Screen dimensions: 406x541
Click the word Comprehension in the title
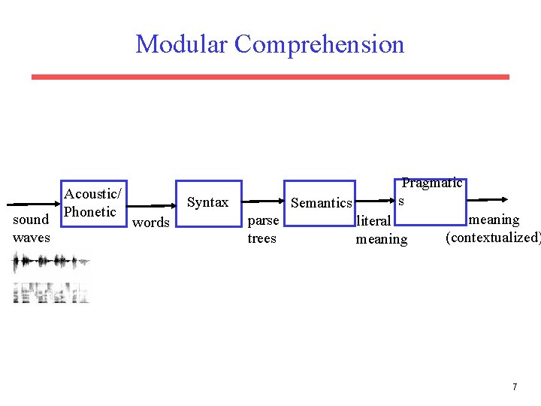pyautogui.click(x=319, y=44)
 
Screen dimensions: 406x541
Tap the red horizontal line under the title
pyautogui.click(x=270, y=77)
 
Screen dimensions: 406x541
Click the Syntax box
pyautogui.click(x=208, y=203)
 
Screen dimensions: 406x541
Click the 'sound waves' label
pyautogui.click(x=32, y=229)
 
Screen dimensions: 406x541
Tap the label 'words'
pyautogui.click(x=151, y=222)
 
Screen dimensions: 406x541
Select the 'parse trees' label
pyautogui.click(x=263, y=229)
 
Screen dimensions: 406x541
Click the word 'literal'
pyautogui.click(x=374, y=221)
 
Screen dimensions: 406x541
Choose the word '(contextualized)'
pyautogui.click(x=492, y=238)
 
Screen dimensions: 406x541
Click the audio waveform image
pyautogui.click(x=51, y=263)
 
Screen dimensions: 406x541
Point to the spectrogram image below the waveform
pyautogui.click(x=51, y=292)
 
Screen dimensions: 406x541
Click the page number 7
pyautogui.click(x=515, y=387)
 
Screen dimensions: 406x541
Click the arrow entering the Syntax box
pyautogui.click(x=151, y=203)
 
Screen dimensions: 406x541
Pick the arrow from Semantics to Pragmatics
pyautogui.click(x=376, y=202)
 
